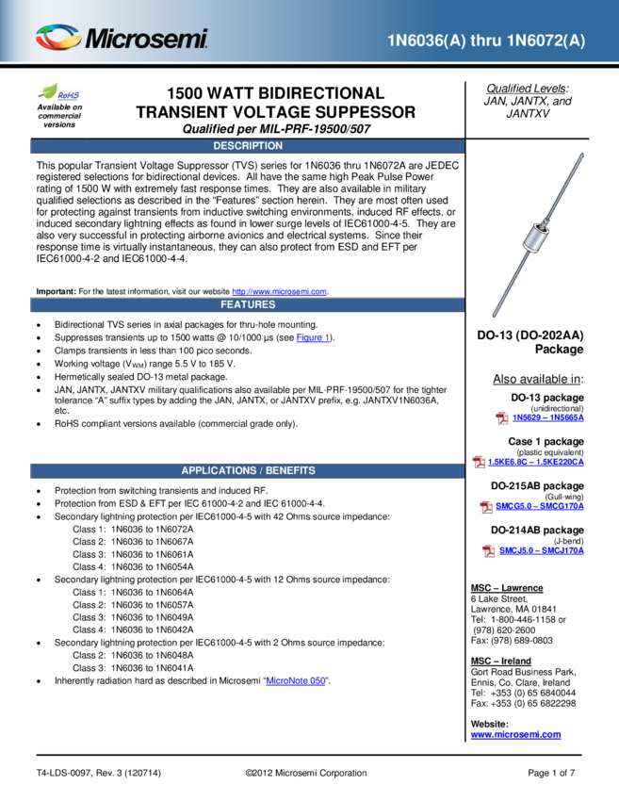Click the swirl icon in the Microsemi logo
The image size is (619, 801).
[58, 38]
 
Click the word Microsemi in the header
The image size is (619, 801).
[146, 40]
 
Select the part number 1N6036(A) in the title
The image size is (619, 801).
[424, 41]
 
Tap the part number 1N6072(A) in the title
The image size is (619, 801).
[547, 41]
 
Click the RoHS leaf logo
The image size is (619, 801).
[58, 92]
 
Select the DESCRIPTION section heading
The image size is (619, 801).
[248, 146]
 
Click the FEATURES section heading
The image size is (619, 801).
[248, 304]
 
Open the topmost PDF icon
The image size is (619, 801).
[503, 418]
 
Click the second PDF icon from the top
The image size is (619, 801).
[480, 462]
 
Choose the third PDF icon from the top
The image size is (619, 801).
[486, 507]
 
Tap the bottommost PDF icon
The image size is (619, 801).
[489, 551]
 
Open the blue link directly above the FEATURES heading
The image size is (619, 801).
[279, 292]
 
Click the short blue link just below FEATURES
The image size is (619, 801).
[312, 337]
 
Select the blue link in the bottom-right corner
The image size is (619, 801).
[515, 735]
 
